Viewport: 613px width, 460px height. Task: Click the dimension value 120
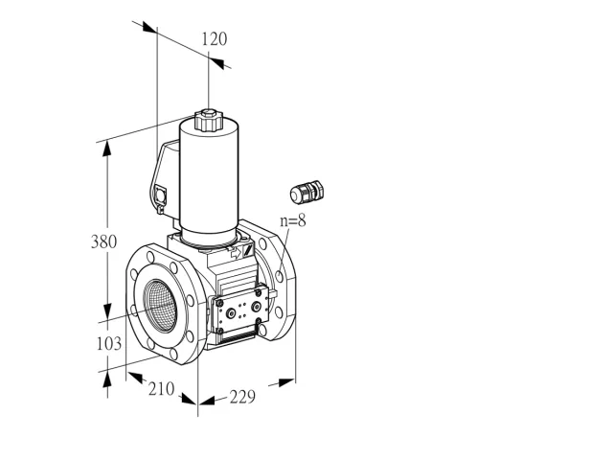(x=215, y=39)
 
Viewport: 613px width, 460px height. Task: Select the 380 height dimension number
(x=103, y=241)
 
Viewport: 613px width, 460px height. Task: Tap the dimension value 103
(x=108, y=344)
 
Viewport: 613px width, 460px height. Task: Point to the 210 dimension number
(x=161, y=389)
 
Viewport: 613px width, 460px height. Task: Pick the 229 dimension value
(x=242, y=397)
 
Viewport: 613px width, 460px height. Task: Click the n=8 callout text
(x=293, y=221)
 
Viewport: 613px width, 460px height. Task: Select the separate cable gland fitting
(x=307, y=192)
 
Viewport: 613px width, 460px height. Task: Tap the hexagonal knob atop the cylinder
(x=209, y=120)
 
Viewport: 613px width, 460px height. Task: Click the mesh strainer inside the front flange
(x=161, y=302)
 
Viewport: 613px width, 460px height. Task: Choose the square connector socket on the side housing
(x=161, y=195)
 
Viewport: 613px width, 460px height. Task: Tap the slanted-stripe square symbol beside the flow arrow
(x=248, y=250)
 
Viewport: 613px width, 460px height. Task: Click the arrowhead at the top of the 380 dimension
(x=106, y=149)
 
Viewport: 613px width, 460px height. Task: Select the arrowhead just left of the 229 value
(x=207, y=401)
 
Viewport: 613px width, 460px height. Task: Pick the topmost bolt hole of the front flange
(x=150, y=257)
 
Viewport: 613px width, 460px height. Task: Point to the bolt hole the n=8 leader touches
(x=280, y=276)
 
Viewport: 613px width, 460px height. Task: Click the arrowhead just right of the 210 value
(x=189, y=399)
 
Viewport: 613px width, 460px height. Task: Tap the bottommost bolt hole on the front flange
(x=173, y=354)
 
